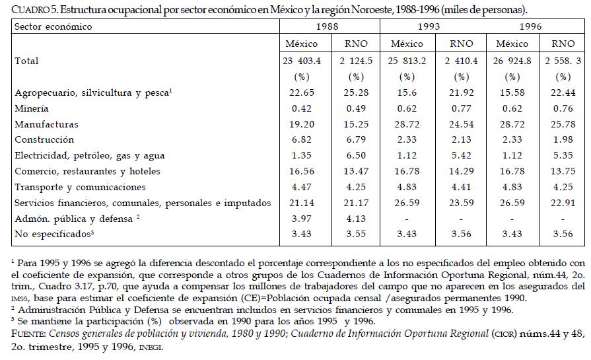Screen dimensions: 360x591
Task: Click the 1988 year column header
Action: [x=329, y=27]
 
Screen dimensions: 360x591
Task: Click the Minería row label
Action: [x=31, y=108]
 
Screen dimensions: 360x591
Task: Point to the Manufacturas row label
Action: [x=46, y=124]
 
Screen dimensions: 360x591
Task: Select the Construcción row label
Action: [x=44, y=140]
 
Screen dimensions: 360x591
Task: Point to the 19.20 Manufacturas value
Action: [x=301, y=124]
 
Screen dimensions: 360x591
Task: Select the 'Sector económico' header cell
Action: [x=53, y=27]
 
